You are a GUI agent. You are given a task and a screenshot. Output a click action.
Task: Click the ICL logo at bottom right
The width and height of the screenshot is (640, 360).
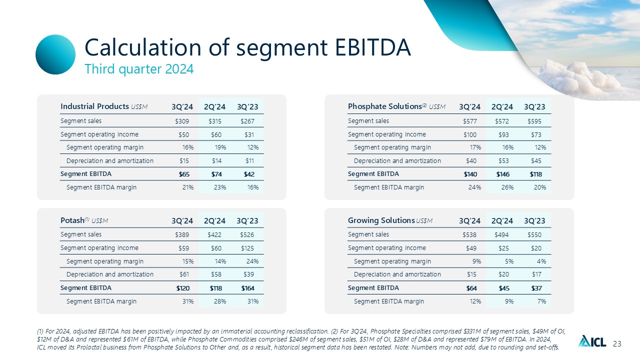[x=592, y=342]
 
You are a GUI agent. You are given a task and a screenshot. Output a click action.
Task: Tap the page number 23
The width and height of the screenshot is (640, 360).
[x=617, y=343]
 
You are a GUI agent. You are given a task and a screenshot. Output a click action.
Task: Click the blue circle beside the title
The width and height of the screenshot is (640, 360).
[x=55, y=54]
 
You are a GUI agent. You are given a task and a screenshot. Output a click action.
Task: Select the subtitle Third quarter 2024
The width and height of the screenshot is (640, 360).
[x=139, y=69]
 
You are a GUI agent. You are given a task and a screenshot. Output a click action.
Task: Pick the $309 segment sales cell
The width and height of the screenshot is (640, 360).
[x=182, y=121]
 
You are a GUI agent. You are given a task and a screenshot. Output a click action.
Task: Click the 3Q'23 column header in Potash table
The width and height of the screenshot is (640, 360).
[x=247, y=220]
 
